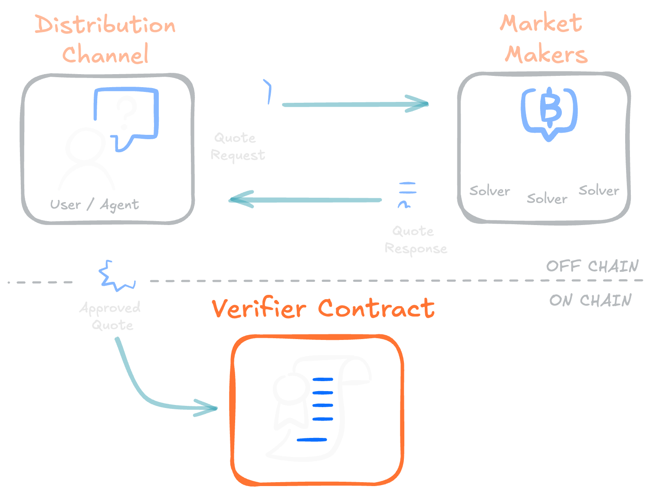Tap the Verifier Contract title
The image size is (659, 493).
[323, 309]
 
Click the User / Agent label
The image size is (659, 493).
[95, 205]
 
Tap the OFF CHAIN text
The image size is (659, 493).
[592, 266]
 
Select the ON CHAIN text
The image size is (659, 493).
[590, 300]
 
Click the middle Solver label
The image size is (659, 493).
[547, 199]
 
